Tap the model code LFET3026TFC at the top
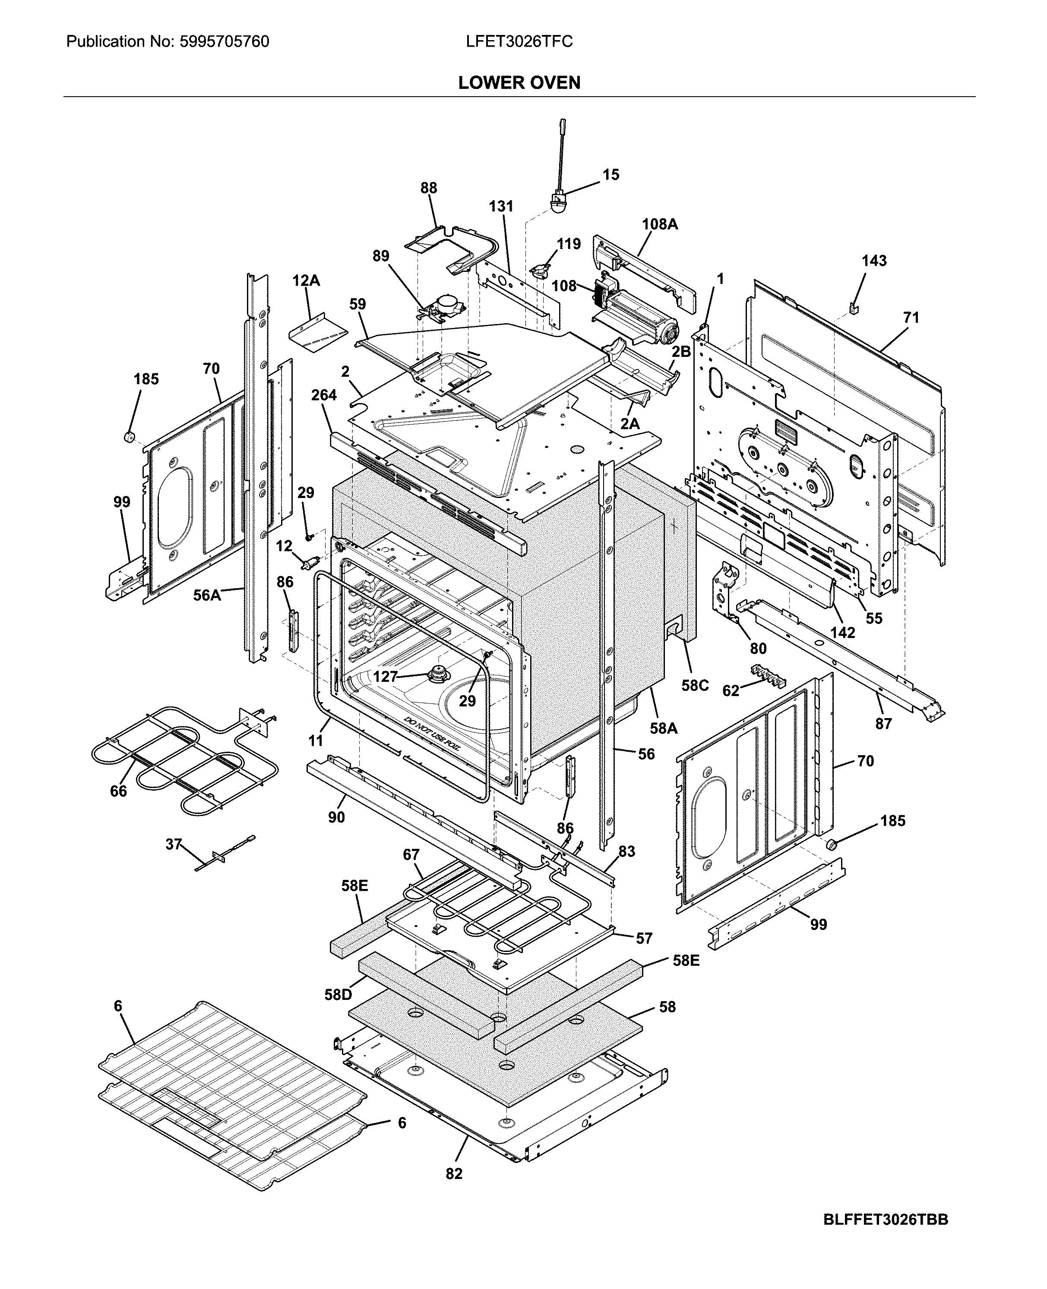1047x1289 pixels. point(519,41)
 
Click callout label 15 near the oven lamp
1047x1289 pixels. point(610,175)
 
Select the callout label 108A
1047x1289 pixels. point(659,224)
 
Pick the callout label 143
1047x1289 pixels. point(873,261)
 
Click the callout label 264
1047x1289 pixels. point(324,395)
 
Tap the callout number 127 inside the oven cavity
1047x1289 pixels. point(385,677)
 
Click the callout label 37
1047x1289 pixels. point(174,844)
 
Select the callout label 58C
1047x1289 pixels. point(695,686)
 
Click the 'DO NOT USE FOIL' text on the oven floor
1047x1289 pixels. point(432,734)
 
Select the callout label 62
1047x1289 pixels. point(731,691)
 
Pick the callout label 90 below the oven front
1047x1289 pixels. point(336,817)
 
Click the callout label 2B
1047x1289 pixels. point(681,352)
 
